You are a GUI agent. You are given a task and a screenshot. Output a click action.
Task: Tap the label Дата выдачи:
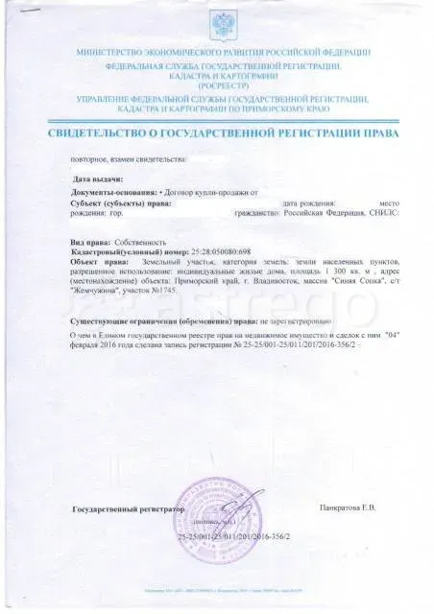(x=98, y=179)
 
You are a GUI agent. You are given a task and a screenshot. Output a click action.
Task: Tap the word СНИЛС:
(x=382, y=216)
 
